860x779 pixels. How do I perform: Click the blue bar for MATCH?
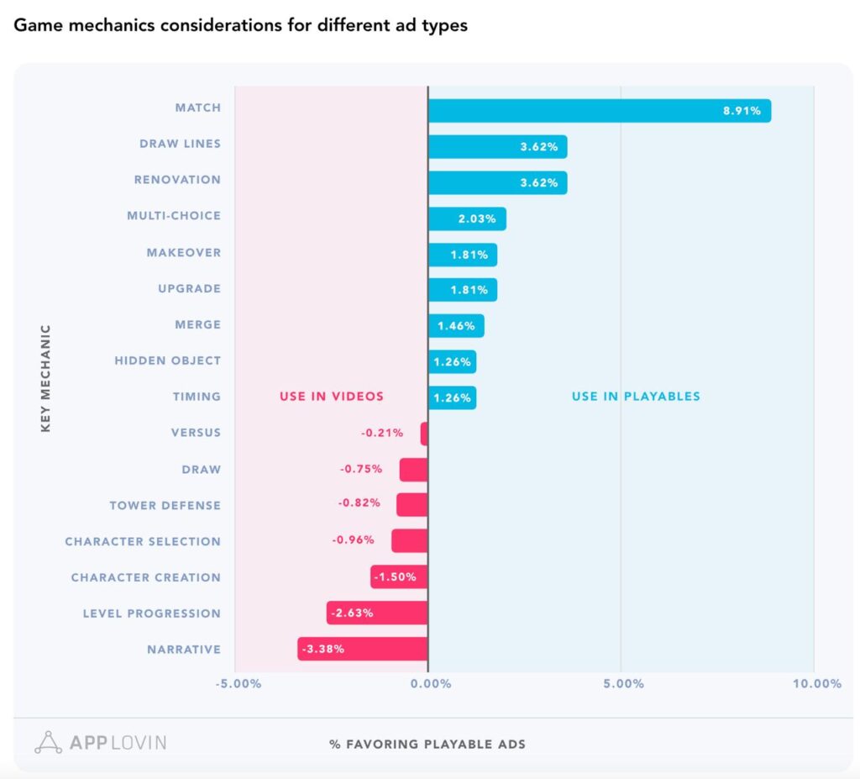click(x=599, y=110)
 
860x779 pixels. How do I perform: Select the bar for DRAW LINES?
click(x=497, y=146)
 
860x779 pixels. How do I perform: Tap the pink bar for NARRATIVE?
click(x=363, y=649)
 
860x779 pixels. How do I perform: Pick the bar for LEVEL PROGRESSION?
click(x=377, y=613)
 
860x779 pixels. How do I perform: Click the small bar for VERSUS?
click(x=424, y=434)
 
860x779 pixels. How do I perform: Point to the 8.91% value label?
click(x=742, y=111)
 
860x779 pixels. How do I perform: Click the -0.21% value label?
click(x=382, y=434)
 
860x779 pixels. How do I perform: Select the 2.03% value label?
click(x=477, y=218)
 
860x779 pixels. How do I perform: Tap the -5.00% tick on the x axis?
click(x=239, y=683)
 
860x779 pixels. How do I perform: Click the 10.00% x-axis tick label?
click(x=815, y=683)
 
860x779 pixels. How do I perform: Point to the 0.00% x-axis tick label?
click(x=430, y=683)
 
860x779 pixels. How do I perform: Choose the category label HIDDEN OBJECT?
click(x=168, y=361)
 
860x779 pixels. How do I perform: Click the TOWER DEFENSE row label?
click(x=165, y=505)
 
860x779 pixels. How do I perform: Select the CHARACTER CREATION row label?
click(x=146, y=577)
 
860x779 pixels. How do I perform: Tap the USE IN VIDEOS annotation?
click(x=332, y=397)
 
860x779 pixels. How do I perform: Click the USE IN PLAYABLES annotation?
click(x=636, y=397)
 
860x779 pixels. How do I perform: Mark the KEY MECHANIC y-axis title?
click(x=45, y=378)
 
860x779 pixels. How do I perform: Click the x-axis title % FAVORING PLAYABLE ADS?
click(x=427, y=745)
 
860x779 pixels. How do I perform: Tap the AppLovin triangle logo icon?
click(x=49, y=742)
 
